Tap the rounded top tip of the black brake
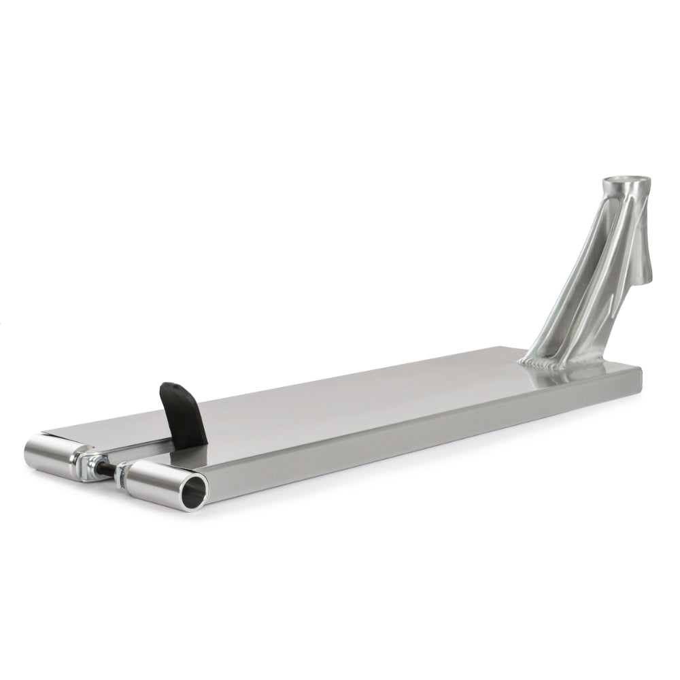coord(173,387)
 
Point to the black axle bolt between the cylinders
coord(107,469)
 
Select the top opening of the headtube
coord(626,183)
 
